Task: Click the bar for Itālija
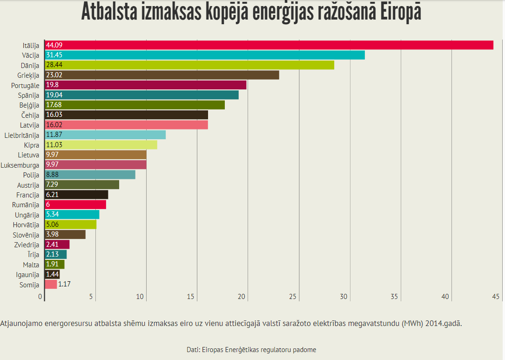point(269,45)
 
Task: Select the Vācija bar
point(205,55)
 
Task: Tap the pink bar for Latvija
point(127,125)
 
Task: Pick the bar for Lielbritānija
point(105,135)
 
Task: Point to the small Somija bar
point(51,284)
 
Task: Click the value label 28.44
point(54,65)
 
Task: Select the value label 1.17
point(64,284)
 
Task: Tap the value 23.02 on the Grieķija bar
point(54,75)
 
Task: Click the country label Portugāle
point(25,85)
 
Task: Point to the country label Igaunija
point(27,275)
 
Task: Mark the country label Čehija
point(30,115)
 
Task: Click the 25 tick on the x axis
point(293,297)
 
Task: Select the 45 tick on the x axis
point(495,297)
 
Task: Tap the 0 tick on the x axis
point(41,297)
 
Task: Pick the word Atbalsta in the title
point(112,12)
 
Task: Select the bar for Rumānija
point(75,204)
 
